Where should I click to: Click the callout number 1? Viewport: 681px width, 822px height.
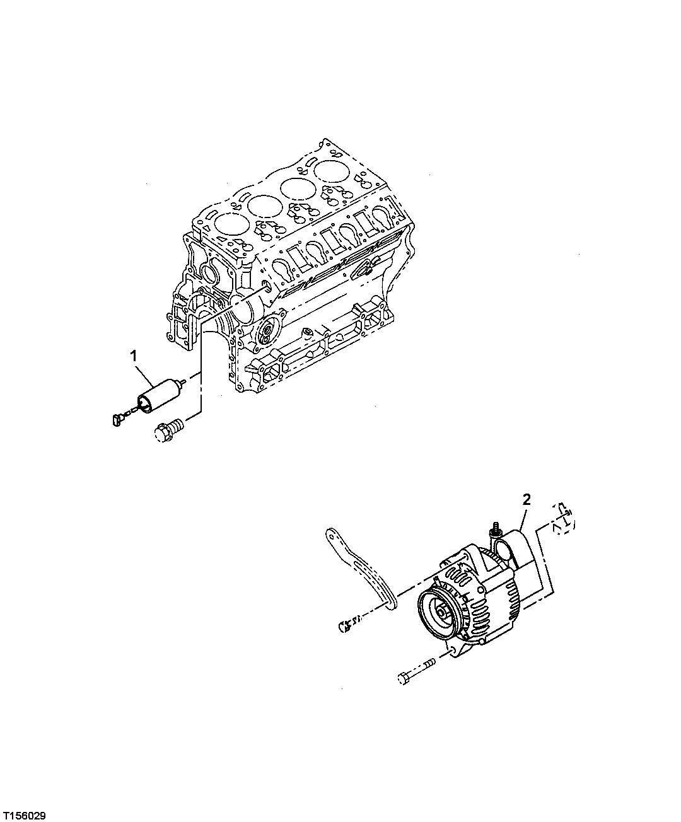(x=133, y=357)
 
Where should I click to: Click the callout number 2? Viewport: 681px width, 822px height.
(x=527, y=500)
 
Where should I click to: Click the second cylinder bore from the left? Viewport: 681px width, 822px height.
(x=264, y=205)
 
